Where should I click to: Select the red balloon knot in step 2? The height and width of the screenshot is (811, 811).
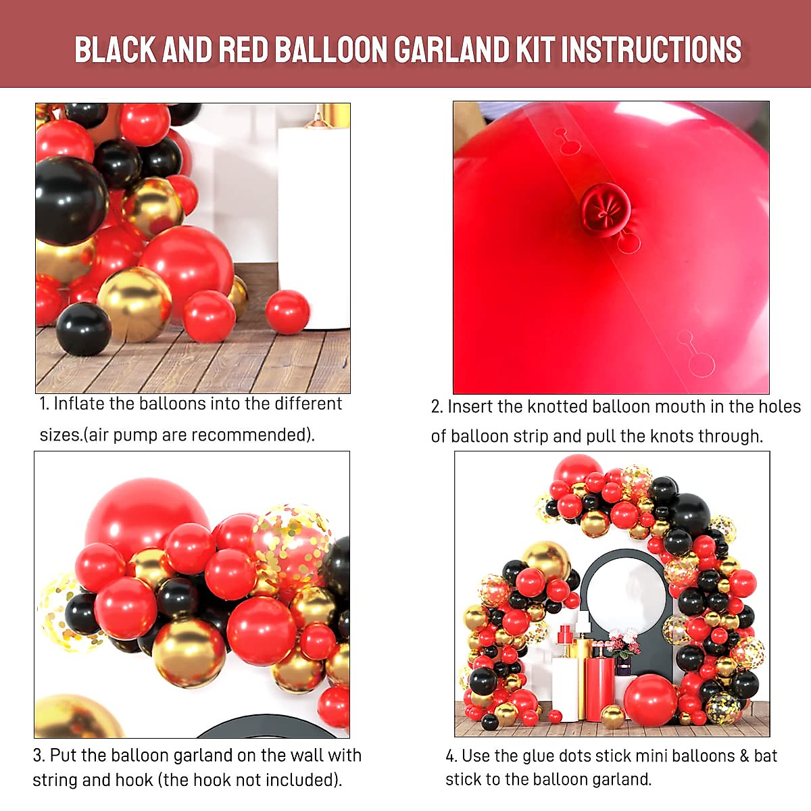tap(605, 209)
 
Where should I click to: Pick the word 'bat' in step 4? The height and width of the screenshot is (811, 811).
tap(766, 756)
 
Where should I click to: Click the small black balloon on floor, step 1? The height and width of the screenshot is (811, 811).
tap(83, 329)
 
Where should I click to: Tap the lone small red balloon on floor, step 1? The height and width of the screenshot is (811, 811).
tap(287, 312)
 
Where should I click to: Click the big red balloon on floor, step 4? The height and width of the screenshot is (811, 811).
tap(649, 700)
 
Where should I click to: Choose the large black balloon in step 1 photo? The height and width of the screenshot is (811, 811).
tap(70, 200)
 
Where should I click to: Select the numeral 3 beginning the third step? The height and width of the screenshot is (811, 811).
tap(38, 756)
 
